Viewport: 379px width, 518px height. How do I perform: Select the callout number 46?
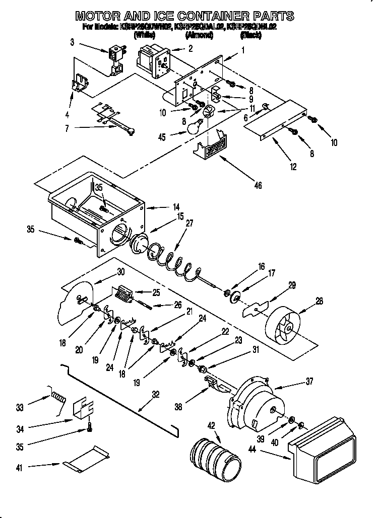pyautogui.click(x=258, y=186)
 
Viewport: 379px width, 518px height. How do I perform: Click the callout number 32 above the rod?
pyautogui.click(x=155, y=395)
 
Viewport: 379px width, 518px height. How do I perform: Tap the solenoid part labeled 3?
pyautogui.click(x=116, y=55)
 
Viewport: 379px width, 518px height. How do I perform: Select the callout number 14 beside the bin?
pyautogui.click(x=176, y=206)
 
